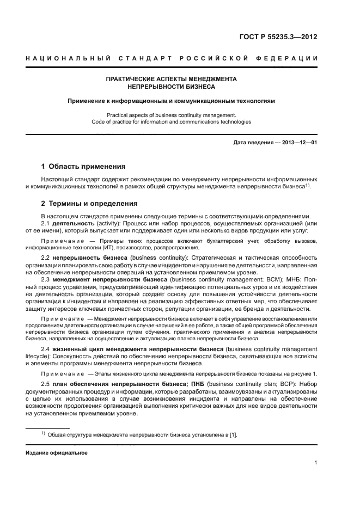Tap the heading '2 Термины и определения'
pos(89,204)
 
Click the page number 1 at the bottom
pos(316,463)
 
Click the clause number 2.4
pos(46,349)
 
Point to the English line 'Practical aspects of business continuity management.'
pos(171,115)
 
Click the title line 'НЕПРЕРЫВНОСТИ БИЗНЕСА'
pos(171,87)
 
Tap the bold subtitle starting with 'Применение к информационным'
pos(171,101)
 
